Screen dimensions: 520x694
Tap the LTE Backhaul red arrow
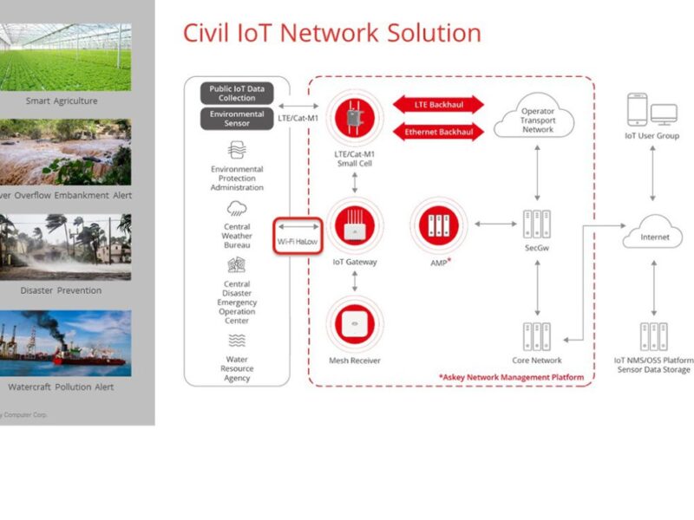pyautogui.click(x=438, y=104)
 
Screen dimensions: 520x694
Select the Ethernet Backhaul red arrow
pyautogui.click(x=438, y=133)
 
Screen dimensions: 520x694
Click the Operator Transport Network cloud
pyautogui.click(x=538, y=121)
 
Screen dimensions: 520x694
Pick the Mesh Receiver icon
pyautogui.click(x=354, y=325)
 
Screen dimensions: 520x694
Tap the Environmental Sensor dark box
pyautogui.click(x=237, y=119)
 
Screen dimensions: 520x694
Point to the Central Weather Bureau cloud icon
pyautogui.click(x=237, y=209)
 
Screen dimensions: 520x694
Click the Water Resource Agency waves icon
pyautogui.click(x=237, y=341)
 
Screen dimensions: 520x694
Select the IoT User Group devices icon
pyautogui.click(x=651, y=110)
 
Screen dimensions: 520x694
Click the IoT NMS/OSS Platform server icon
pyautogui.click(x=653, y=336)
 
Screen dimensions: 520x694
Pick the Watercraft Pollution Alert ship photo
pyautogui.click(x=65, y=343)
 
